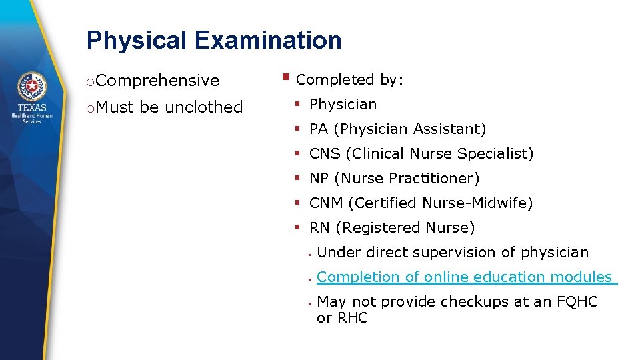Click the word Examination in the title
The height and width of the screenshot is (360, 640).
tap(268, 41)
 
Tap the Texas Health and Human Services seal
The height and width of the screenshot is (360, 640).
tap(31, 86)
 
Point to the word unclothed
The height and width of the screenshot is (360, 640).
tap(203, 107)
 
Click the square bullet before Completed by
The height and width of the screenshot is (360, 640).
tap(285, 77)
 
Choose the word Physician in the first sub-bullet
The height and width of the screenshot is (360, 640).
tap(343, 105)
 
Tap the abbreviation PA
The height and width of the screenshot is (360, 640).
tap(319, 129)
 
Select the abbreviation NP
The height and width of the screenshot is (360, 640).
tap(319, 179)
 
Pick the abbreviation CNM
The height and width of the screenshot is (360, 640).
tap(326, 203)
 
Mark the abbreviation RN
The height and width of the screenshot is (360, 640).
tap(319, 228)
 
